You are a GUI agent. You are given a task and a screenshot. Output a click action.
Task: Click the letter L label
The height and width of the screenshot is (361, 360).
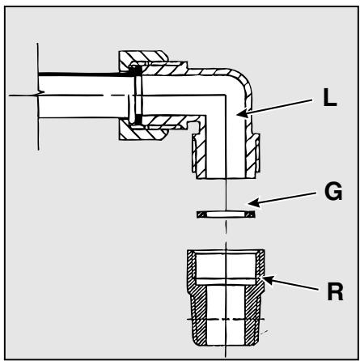(x=329, y=97)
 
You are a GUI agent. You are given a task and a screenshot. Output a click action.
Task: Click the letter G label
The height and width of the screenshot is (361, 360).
(x=333, y=191)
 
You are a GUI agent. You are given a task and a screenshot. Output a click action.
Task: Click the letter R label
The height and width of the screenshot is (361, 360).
(x=335, y=291)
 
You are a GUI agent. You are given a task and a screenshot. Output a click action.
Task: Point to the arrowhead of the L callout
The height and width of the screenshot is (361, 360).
(x=242, y=113)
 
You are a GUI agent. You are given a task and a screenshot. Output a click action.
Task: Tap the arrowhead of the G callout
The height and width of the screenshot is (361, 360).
(x=254, y=202)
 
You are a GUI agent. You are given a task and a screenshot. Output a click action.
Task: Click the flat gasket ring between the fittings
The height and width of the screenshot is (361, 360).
(x=226, y=214)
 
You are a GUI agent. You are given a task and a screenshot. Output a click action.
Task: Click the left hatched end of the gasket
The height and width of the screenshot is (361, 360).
(x=201, y=214)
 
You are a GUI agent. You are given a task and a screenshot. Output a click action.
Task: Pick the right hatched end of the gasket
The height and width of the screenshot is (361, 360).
(x=250, y=214)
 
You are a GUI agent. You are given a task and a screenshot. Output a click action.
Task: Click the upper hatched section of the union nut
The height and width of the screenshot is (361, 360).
(x=143, y=58)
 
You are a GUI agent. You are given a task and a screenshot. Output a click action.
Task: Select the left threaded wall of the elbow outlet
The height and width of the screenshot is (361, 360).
(x=199, y=155)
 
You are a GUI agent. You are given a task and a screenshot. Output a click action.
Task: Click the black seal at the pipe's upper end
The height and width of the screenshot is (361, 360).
(x=137, y=70)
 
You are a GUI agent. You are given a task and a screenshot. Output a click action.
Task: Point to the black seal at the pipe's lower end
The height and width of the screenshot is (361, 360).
(x=138, y=119)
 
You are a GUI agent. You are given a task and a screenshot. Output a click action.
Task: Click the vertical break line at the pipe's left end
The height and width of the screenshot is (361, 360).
(x=38, y=96)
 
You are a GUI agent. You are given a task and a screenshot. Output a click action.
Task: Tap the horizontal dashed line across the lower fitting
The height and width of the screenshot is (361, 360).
(x=226, y=319)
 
